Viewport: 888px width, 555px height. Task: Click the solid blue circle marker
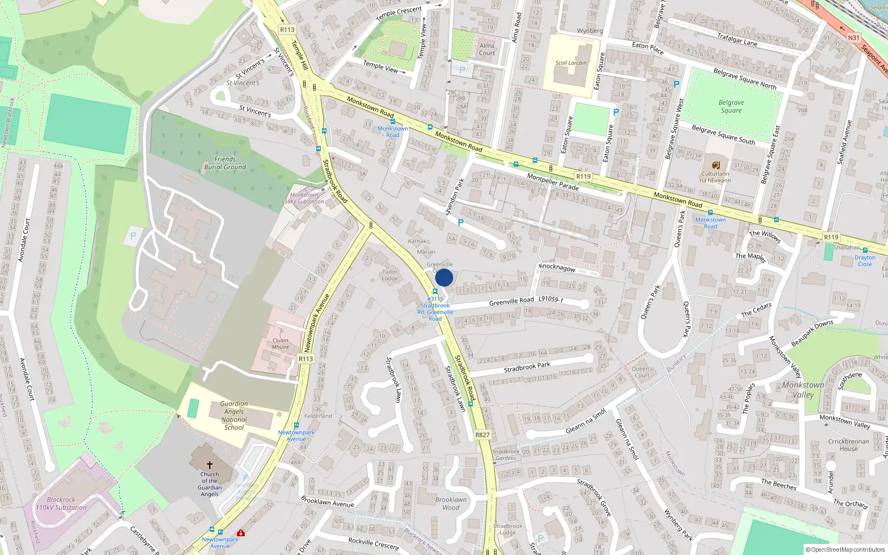point(444,277)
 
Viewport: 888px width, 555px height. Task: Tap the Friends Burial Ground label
point(225,163)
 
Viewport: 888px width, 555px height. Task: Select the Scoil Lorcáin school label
point(571,63)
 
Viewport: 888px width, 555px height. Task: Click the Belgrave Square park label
point(731,107)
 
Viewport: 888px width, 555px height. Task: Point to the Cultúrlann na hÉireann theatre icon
point(715,165)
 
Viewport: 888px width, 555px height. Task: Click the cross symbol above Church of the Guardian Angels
point(210,465)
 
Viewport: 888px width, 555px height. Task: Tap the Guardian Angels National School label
point(234,416)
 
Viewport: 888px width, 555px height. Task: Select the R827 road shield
point(482,435)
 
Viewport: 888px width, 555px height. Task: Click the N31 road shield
point(854,38)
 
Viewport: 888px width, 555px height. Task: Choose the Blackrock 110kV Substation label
point(61,503)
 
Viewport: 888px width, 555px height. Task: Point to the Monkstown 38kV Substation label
point(304,198)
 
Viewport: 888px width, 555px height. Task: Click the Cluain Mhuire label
point(280,344)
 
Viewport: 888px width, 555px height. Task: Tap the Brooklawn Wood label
point(451,503)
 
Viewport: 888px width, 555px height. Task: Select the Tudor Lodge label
point(390,275)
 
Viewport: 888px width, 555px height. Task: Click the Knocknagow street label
point(557,268)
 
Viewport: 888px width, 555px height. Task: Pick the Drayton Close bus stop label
point(865,260)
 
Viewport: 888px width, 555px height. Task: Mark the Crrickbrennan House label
point(849,445)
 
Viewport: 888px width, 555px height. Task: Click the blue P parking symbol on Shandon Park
point(460,223)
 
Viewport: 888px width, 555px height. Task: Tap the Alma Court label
point(487,49)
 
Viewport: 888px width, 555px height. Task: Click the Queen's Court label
point(642,372)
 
